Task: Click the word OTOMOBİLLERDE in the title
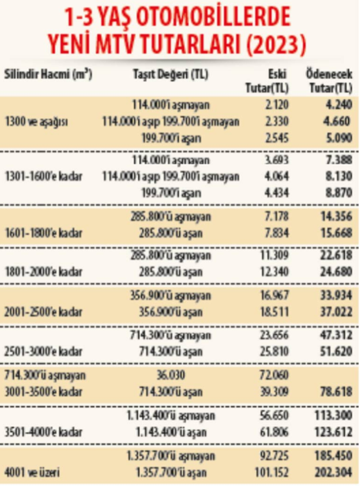coord(214,18)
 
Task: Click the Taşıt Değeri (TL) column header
coord(171,75)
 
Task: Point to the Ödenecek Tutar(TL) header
coord(330,81)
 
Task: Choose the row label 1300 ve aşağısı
coord(36,122)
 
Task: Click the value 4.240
coord(339,105)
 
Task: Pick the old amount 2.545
coord(277,138)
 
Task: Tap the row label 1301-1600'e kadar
coord(44,177)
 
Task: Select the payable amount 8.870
coord(339,193)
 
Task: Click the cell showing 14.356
coord(336,216)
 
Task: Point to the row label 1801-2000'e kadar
coord(44,272)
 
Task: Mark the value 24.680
coord(336,272)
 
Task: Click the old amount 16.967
coord(274,295)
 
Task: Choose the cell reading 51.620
coord(336,351)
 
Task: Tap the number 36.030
coord(171,375)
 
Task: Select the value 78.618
coord(336,392)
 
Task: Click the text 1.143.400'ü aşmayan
coord(171,416)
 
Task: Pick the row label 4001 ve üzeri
coord(32,473)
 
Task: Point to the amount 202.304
coord(334,473)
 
